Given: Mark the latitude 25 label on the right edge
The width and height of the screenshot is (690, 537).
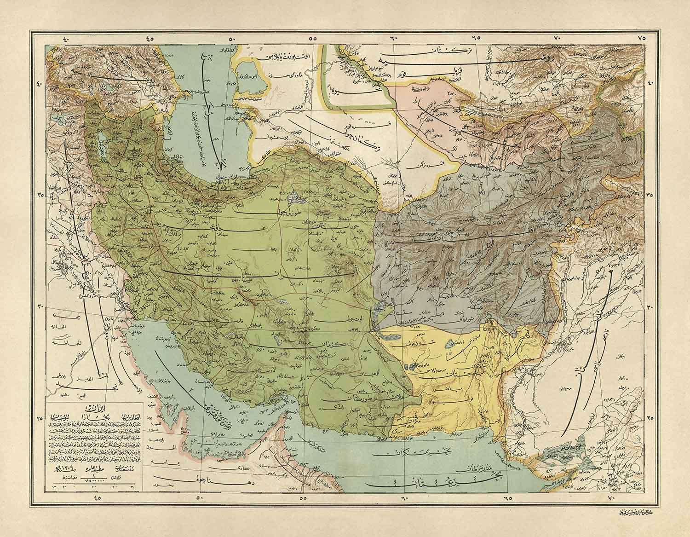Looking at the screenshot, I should pyautogui.click(x=650, y=419).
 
